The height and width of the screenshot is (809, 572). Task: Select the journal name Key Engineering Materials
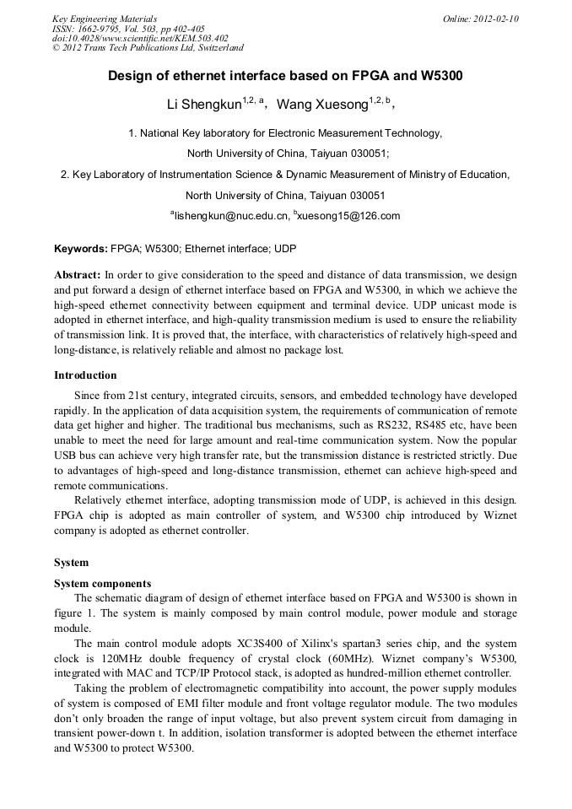click(105, 19)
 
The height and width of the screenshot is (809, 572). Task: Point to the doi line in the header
click(140, 39)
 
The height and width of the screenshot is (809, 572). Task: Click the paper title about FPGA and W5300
click(285, 76)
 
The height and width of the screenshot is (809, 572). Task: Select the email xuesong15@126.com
click(348, 216)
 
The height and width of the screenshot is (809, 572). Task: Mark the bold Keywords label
click(81, 249)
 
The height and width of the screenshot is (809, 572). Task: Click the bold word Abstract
click(78, 275)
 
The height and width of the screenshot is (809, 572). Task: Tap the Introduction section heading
click(85, 375)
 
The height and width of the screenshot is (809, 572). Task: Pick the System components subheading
click(102, 583)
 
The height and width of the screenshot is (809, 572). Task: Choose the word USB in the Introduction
click(66, 456)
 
